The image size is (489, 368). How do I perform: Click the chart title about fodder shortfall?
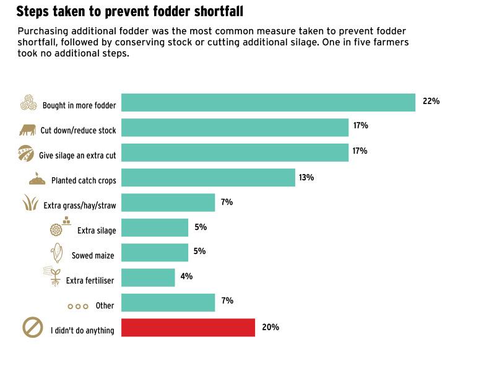tap(129, 11)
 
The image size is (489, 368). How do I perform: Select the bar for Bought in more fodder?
tap(268, 102)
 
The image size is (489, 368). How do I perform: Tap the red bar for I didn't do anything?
tap(188, 327)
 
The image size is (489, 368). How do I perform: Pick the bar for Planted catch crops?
tap(208, 178)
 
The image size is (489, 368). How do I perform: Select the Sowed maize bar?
tap(155, 253)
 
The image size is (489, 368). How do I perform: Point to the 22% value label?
tap(431, 101)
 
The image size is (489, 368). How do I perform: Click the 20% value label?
tap(270, 326)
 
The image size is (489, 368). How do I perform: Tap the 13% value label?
tap(306, 177)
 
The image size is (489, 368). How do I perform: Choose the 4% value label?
tap(186, 276)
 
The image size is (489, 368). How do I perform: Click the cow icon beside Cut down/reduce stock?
tap(27, 130)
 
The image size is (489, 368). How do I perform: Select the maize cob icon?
tap(56, 253)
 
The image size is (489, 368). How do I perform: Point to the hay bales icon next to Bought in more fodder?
tap(29, 103)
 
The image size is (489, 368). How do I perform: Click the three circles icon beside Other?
tap(78, 306)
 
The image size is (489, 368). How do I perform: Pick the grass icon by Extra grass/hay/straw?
tap(30, 203)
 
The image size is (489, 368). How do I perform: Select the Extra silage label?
tap(97, 230)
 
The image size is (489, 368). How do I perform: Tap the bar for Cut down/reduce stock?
tap(235, 128)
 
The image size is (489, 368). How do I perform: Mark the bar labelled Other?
tap(168, 302)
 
